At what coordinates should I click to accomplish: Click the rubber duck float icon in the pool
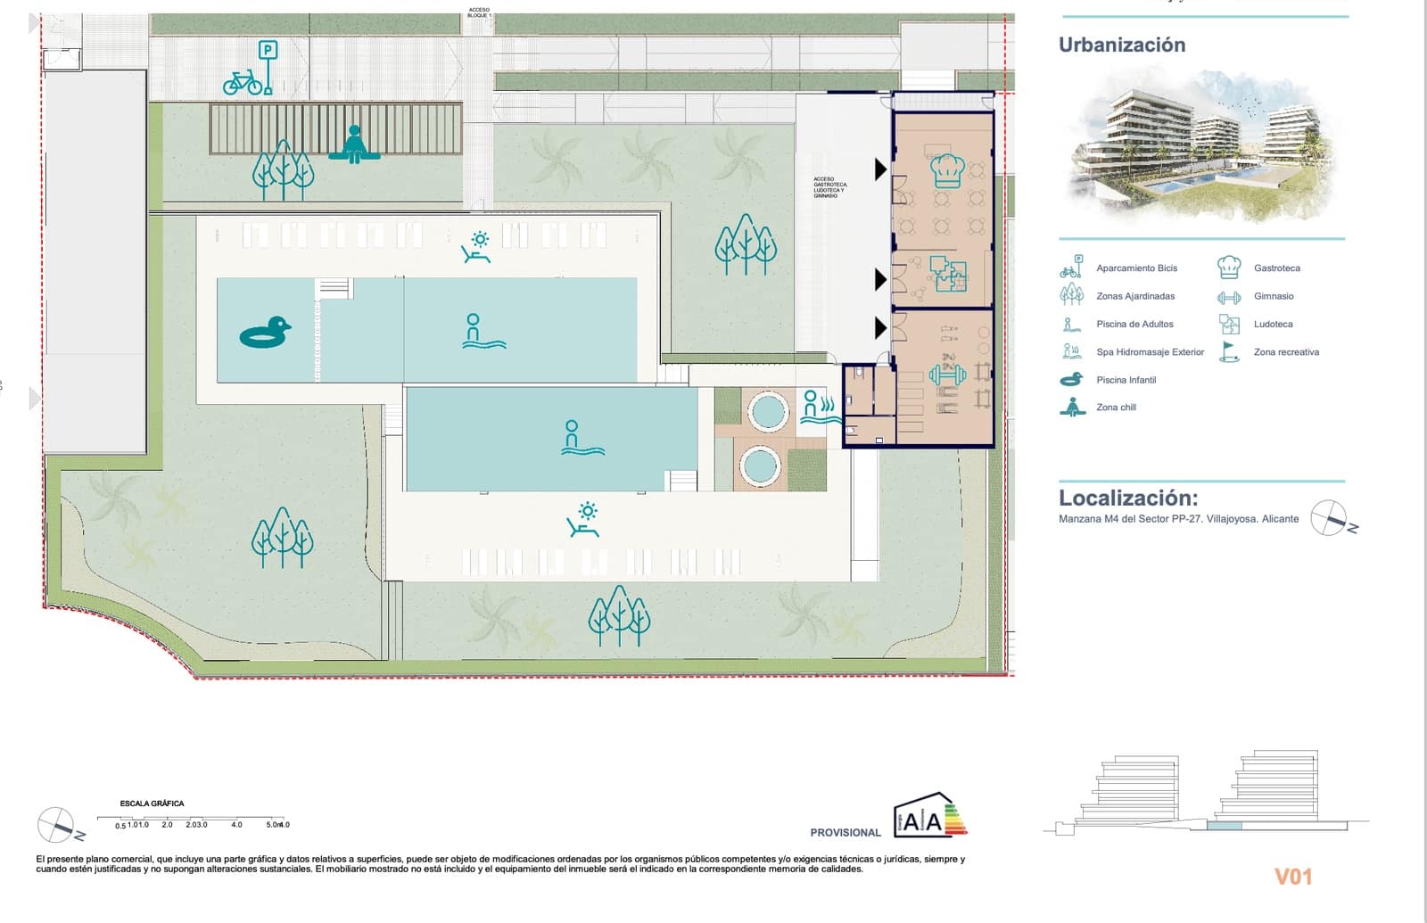click(x=265, y=333)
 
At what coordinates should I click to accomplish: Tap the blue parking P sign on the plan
click(x=268, y=52)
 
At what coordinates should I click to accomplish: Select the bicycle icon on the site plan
click(x=243, y=83)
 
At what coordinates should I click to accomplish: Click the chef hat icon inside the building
click(x=946, y=169)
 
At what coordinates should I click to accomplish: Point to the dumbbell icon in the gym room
click(x=946, y=374)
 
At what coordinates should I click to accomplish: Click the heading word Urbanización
click(x=1122, y=45)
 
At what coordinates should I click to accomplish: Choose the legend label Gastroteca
click(x=1276, y=268)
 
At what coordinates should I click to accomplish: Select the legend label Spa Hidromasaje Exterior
click(x=1150, y=352)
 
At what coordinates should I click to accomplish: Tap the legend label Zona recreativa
click(x=1286, y=352)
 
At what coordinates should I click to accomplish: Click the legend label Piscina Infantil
click(x=1126, y=380)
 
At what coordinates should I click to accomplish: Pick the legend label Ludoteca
click(x=1273, y=325)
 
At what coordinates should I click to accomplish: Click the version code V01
click(x=1293, y=877)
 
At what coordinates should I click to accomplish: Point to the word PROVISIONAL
click(x=845, y=833)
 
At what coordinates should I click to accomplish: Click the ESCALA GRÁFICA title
click(x=152, y=804)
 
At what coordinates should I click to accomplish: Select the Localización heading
click(x=1128, y=498)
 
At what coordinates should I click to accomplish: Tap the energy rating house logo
click(x=929, y=816)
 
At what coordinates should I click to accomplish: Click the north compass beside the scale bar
click(x=56, y=825)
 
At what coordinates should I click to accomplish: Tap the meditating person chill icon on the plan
click(x=353, y=144)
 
